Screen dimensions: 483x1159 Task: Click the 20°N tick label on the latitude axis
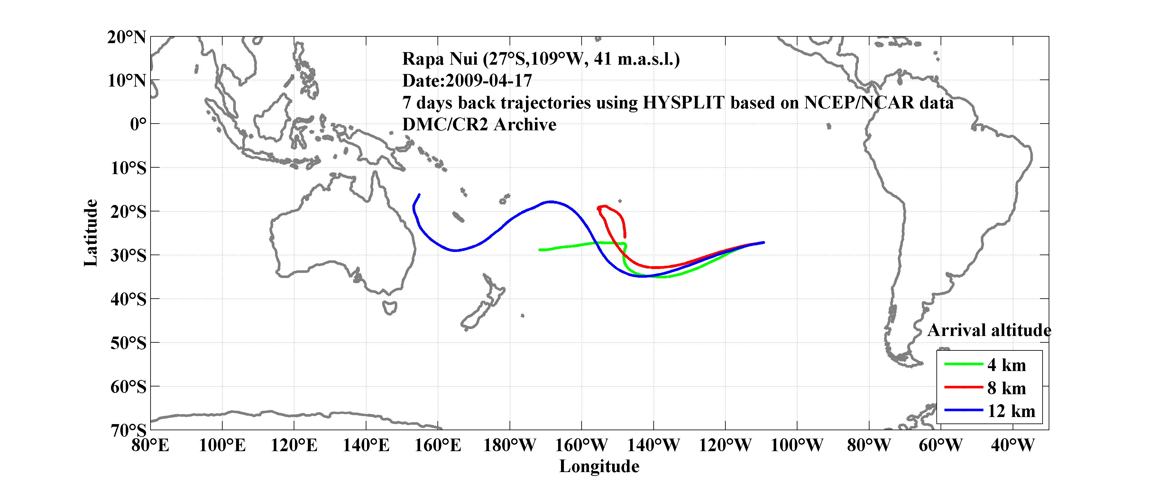126,37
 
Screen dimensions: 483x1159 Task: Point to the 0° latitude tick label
138,124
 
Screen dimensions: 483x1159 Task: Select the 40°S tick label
128,299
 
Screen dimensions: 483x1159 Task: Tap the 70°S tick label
128,430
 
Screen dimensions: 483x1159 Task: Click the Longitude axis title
599,466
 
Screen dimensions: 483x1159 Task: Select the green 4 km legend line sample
963,364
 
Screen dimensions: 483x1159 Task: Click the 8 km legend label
1007,388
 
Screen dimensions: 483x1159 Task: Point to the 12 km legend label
1011,411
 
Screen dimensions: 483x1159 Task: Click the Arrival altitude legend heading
989,330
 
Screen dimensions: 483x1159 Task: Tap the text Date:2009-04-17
467,81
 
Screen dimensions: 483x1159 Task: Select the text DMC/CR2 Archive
479,125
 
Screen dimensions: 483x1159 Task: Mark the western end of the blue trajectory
419,195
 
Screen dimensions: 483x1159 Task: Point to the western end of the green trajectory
540,249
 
